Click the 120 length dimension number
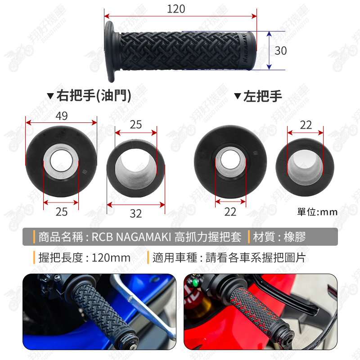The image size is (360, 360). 176,9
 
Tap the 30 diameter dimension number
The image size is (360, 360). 280,51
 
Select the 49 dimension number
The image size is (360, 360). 62,116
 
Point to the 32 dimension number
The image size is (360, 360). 136,214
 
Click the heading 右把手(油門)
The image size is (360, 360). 94,95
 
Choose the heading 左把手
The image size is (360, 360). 262,96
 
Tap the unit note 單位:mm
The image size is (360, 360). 317,212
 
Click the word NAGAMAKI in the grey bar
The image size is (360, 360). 144,237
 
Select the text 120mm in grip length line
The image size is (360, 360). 111,257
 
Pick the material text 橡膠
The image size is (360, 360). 295,237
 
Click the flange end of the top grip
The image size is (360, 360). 110,52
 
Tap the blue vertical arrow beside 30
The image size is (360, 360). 269,50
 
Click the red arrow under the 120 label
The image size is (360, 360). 180,16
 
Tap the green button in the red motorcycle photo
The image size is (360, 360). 195,283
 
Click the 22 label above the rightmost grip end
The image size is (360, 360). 306,125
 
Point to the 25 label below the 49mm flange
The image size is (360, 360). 62,211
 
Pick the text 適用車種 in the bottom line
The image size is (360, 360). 175,257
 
